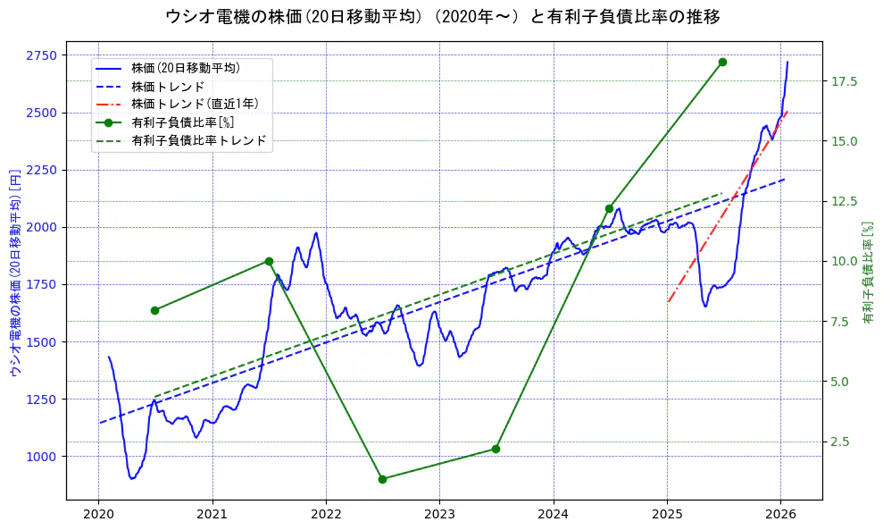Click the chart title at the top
click(x=443, y=17)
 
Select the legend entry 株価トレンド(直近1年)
click(x=185, y=104)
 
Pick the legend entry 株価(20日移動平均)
click(x=185, y=68)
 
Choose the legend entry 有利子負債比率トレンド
click(x=198, y=140)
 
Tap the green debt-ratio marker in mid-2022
click(x=382, y=479)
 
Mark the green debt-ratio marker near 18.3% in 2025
click(x=722, y=62)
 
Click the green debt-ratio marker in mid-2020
click(x=154, y=310)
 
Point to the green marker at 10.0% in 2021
click(x=269, y=261)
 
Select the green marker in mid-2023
click(x=496, y=449)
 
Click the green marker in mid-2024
click(x=609, y=208)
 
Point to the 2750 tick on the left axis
click(x=41, y=55)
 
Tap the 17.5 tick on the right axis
click(x=845, y=81)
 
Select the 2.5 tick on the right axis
click(x=842, y=442)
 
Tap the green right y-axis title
click(x=868, y=272)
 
